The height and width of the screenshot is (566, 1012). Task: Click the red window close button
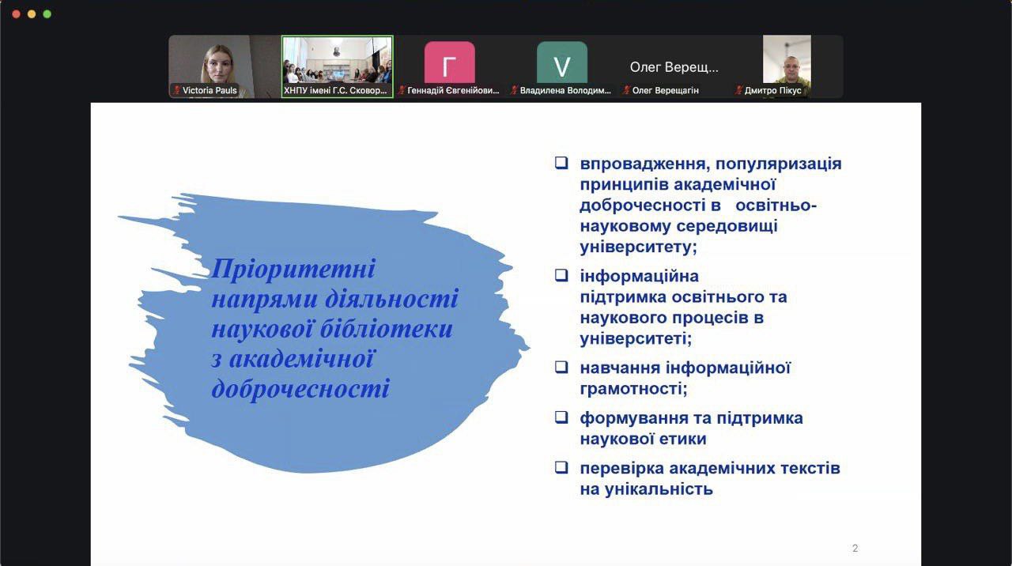[x=17, y=14]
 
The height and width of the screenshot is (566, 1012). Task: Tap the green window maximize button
[x=47, y=14]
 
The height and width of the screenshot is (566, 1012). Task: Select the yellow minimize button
[x=32, y=14]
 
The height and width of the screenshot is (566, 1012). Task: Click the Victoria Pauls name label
[x=210, y=90]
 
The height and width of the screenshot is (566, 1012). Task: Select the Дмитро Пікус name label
[x=773, y=90]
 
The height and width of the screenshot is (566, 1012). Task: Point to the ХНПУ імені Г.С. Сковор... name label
[x=335, y=90]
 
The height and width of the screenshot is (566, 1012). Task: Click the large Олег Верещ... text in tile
[x=674, y=67]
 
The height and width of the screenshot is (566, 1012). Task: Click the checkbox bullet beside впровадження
[x=561, y=163]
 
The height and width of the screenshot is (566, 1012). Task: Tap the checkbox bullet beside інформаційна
[x=561, y=275]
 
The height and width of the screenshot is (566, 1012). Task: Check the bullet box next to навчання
[x=561, y=367]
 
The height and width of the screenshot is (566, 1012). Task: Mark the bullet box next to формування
[x=561, y=417]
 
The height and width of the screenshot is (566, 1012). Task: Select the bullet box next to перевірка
[x=561, y=467]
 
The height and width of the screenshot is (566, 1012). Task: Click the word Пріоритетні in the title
[x=293, y=270]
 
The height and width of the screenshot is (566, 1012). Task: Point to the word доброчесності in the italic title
[x=300, y=388]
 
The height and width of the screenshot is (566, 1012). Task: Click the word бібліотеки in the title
[x=387, y=329]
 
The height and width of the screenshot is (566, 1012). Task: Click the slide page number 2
[x=855, y=548]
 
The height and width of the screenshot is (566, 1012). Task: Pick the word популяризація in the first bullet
[x=779, y=164]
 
